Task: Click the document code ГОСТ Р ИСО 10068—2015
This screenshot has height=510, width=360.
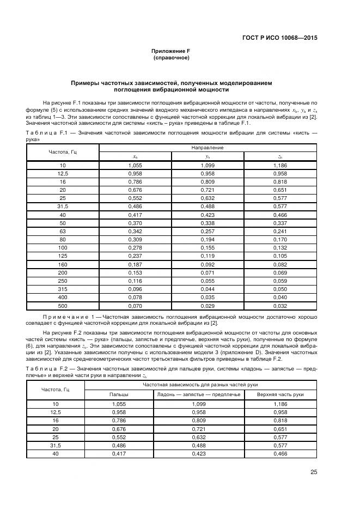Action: click(279, 38)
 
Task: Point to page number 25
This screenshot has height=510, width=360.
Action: click(314, 472)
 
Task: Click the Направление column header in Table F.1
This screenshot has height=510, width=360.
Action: click(208, 148)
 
